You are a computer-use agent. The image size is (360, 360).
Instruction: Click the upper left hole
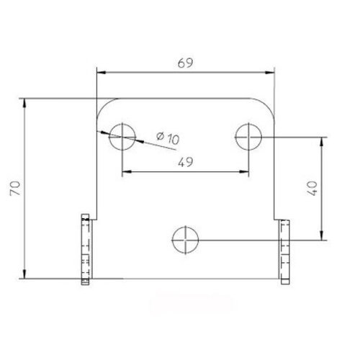pos(122,135)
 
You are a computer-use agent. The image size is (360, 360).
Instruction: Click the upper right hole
pos(248,135)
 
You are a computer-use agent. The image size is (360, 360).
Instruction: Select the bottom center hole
pos(185,238)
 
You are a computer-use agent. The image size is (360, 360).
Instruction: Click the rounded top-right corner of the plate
pos(268,105)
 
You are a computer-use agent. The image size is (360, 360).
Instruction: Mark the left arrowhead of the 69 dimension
pos(102,73)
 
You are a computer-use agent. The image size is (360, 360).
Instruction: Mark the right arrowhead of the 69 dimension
pos(271,73)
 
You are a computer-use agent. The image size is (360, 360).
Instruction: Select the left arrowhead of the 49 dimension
pos(127,171)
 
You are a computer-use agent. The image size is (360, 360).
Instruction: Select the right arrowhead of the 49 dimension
pos(243,171)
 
